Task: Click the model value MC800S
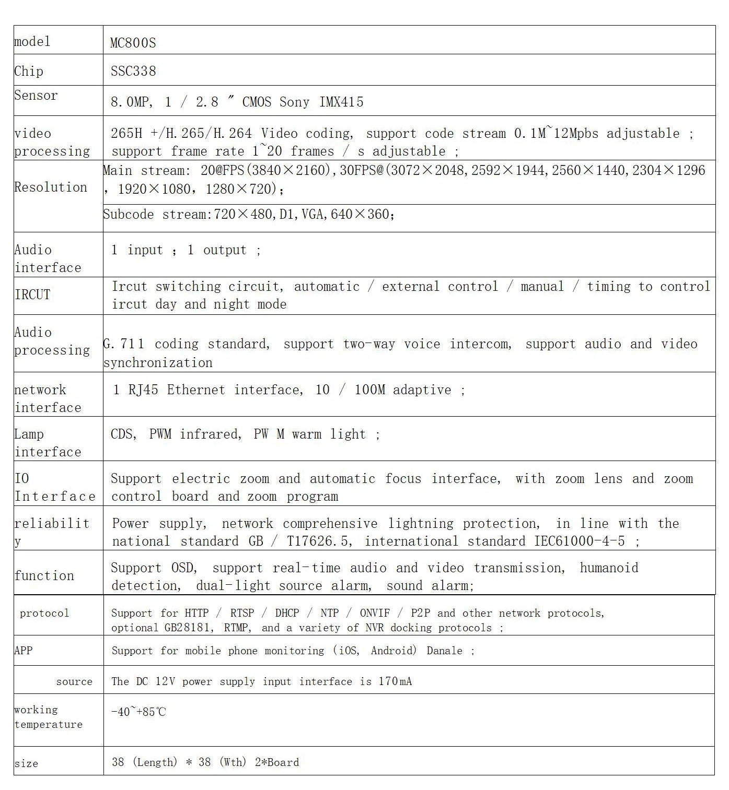pyautogui.click(x=133, y=43)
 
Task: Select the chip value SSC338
pyautogui.click(x=133, y=71)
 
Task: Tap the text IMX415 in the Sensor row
pyautogui.click(x=341, y=102)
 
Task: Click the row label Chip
pyautogui.click(x=29, y=71)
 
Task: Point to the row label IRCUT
pyautogui.click(x=32, y=294)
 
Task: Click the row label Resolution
pyautogui.click(x=51, y=187)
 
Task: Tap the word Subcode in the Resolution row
pyautogui.click(x=129, y=214)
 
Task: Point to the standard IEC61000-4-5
pyautogui.click(x=579, y=541)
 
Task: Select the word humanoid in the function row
pyautogui.click(x=609, y=568)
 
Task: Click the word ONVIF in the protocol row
pyautogui.click(x=375, y=613)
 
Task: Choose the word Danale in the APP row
pyautogui.click(x=444, y=651)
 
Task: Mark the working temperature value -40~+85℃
pyautogui.click(x=138, y=712)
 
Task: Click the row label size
pyautogui.click(x=26, y=763)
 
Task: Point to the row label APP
pyautogui.click(x=24, y=651)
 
